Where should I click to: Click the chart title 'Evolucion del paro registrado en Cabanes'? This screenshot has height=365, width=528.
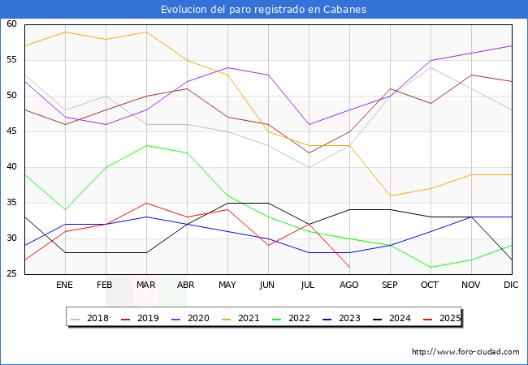tap(264, 9)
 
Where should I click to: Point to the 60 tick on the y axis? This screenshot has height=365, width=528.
tap(12, 24)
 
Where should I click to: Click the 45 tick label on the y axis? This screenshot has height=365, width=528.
tap(12, 131)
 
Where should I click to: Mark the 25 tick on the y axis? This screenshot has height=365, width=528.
tap(12, 274)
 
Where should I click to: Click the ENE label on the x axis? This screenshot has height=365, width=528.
tap(65, 286)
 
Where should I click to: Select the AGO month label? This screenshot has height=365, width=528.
tap(349, 286)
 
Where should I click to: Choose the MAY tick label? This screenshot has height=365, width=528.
tap(227, 286)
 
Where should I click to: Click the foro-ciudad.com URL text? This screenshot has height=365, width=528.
tap(465, 352)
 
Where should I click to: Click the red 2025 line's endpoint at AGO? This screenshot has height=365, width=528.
tap(349, 267)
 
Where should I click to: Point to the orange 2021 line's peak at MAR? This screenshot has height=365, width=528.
tap(146, 32)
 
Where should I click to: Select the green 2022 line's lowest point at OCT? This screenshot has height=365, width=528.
tap(431, 267)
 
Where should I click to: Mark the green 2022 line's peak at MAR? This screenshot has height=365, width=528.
tap(146, 146)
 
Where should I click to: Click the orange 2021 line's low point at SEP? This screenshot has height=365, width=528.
tap(390, 195)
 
